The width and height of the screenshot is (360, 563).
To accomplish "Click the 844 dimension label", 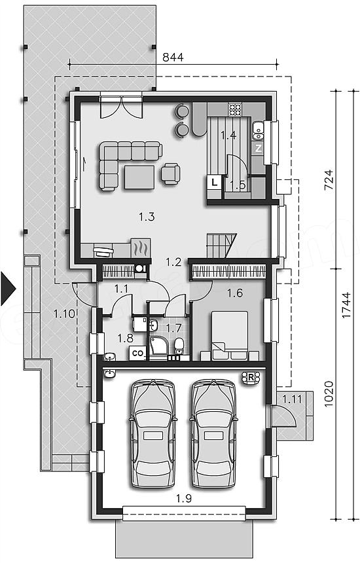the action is tap(173, 57).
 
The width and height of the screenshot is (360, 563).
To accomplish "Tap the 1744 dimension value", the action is tap(346, 305).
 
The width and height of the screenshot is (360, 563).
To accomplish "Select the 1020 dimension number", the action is tap(329, 394).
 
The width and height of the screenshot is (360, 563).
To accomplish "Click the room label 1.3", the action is tap(147, 217).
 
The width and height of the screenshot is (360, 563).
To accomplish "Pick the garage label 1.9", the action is tap(184, 498).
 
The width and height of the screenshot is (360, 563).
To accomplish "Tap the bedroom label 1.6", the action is tap(235, 293).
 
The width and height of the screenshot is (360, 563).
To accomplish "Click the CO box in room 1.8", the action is tap(137, 354).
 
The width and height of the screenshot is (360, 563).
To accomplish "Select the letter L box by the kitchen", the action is tap(214, 183).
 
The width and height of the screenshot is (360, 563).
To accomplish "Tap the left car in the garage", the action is tap(153, 434).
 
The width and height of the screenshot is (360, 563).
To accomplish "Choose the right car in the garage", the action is tap(214, 434).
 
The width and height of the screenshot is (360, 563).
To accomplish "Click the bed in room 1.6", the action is tap(230, 335).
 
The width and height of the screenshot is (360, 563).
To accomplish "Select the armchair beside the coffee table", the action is tap(170, 173).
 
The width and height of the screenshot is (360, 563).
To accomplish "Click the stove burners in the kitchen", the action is tap(235, 109).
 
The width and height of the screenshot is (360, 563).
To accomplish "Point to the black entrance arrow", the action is tap(9, 288).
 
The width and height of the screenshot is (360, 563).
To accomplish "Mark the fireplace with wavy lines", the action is tap(140, 247).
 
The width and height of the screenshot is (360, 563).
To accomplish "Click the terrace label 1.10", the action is tap(64, 314).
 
